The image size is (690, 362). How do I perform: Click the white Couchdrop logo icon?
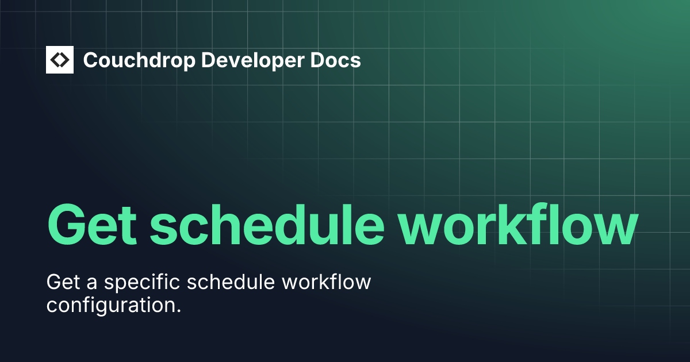click(60, 60)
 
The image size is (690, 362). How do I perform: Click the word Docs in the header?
click(339, 60)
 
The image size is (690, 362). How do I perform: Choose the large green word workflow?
click(520, 224)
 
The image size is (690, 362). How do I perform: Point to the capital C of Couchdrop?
click(91, 60)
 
